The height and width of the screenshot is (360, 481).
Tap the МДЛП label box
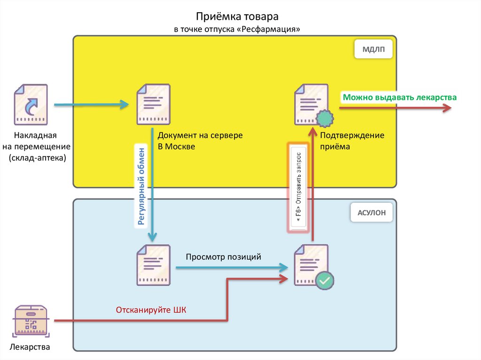(373, 49)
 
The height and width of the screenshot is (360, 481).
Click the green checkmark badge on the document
(325, 280)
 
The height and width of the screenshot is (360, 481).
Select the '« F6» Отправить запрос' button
(299, 188)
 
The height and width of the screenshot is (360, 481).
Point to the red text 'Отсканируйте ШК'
(151, 310)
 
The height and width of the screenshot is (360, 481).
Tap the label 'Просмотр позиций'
(223, 257)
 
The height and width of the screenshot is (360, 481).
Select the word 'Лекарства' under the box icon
(30, 347)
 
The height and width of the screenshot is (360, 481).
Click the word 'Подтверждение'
(352, 136)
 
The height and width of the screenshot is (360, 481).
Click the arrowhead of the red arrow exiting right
(446, 107)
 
